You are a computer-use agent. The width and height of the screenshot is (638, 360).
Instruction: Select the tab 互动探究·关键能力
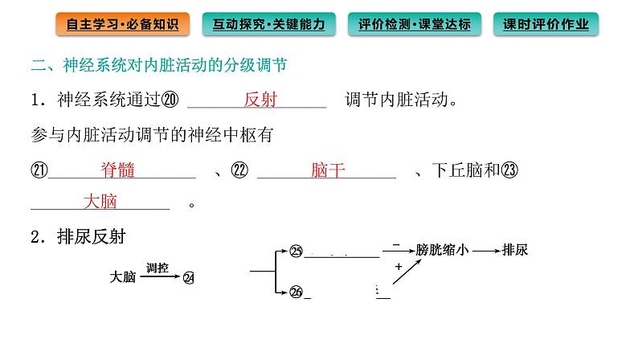pos(269,24)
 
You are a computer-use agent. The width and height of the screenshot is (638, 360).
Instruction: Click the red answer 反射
pos(260,100)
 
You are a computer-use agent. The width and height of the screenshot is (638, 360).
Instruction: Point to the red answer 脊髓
pos(117,170)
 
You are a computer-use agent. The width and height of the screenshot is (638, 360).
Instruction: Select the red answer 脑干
pos(327,170)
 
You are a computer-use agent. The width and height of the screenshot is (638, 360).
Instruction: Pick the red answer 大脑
pos(100,202)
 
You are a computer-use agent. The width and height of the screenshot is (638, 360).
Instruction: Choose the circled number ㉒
pos(239,170)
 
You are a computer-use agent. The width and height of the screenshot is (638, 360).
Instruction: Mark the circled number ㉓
pos(509,170)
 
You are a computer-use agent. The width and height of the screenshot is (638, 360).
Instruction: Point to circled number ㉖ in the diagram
pos(296,292)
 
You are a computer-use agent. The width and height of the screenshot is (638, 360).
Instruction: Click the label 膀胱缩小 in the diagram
pos(442,250)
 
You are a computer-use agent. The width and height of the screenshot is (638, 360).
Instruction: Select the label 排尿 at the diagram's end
pos(515,250)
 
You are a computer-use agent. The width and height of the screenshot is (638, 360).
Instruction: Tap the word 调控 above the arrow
pos(157,268)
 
